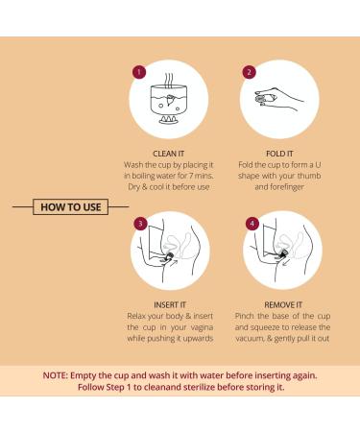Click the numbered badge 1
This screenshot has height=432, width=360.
click(139, 72)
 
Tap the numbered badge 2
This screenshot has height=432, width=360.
click(250, 72)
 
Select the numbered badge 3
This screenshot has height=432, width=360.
click(140, 223)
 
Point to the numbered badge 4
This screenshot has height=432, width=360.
click(252, 223)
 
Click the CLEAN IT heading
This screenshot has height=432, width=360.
click(169, 154)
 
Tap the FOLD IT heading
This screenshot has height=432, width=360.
click(279, 154)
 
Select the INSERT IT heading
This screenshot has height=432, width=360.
click(170, 305)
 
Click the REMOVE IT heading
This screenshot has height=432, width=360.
click(283, 305)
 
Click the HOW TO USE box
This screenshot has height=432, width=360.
click(71, 206)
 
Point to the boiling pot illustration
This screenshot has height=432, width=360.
click(168, 99)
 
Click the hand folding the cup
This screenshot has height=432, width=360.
click(277, 98)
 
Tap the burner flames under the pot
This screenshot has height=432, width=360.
click(168, 120)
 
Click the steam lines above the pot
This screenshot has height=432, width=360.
click(169, 80)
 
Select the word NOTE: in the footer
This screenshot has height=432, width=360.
click(56, 375)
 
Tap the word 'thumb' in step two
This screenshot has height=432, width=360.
click(309, 176)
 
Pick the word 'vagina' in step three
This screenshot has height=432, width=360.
click(202, 327)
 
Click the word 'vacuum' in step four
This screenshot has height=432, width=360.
click(250, 339)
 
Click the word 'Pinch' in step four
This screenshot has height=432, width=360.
click(244, 316)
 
